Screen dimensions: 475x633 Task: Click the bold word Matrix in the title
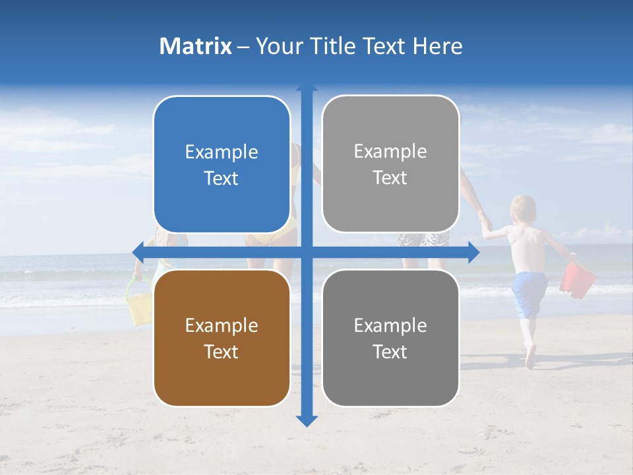pos(195,46)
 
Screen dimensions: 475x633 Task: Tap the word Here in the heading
pos(438,46)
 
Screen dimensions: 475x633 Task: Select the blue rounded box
pos(222,164)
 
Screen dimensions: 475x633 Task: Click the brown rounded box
pos(222,338)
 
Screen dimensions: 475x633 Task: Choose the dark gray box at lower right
pos(390,338)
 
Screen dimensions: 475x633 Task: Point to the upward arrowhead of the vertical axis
pos(307,88)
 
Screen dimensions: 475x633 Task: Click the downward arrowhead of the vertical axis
pos(307,420)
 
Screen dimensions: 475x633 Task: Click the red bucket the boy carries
pos(577,279)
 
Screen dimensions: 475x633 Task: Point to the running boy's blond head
pos(525,208)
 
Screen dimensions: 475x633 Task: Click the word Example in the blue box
pos(222,152)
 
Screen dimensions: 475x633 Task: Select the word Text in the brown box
pos(222,352)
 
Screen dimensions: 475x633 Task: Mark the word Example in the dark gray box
pos(390,325)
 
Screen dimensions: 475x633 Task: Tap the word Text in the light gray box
pos(390,178)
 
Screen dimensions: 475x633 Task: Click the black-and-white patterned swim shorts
pos(422,238)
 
